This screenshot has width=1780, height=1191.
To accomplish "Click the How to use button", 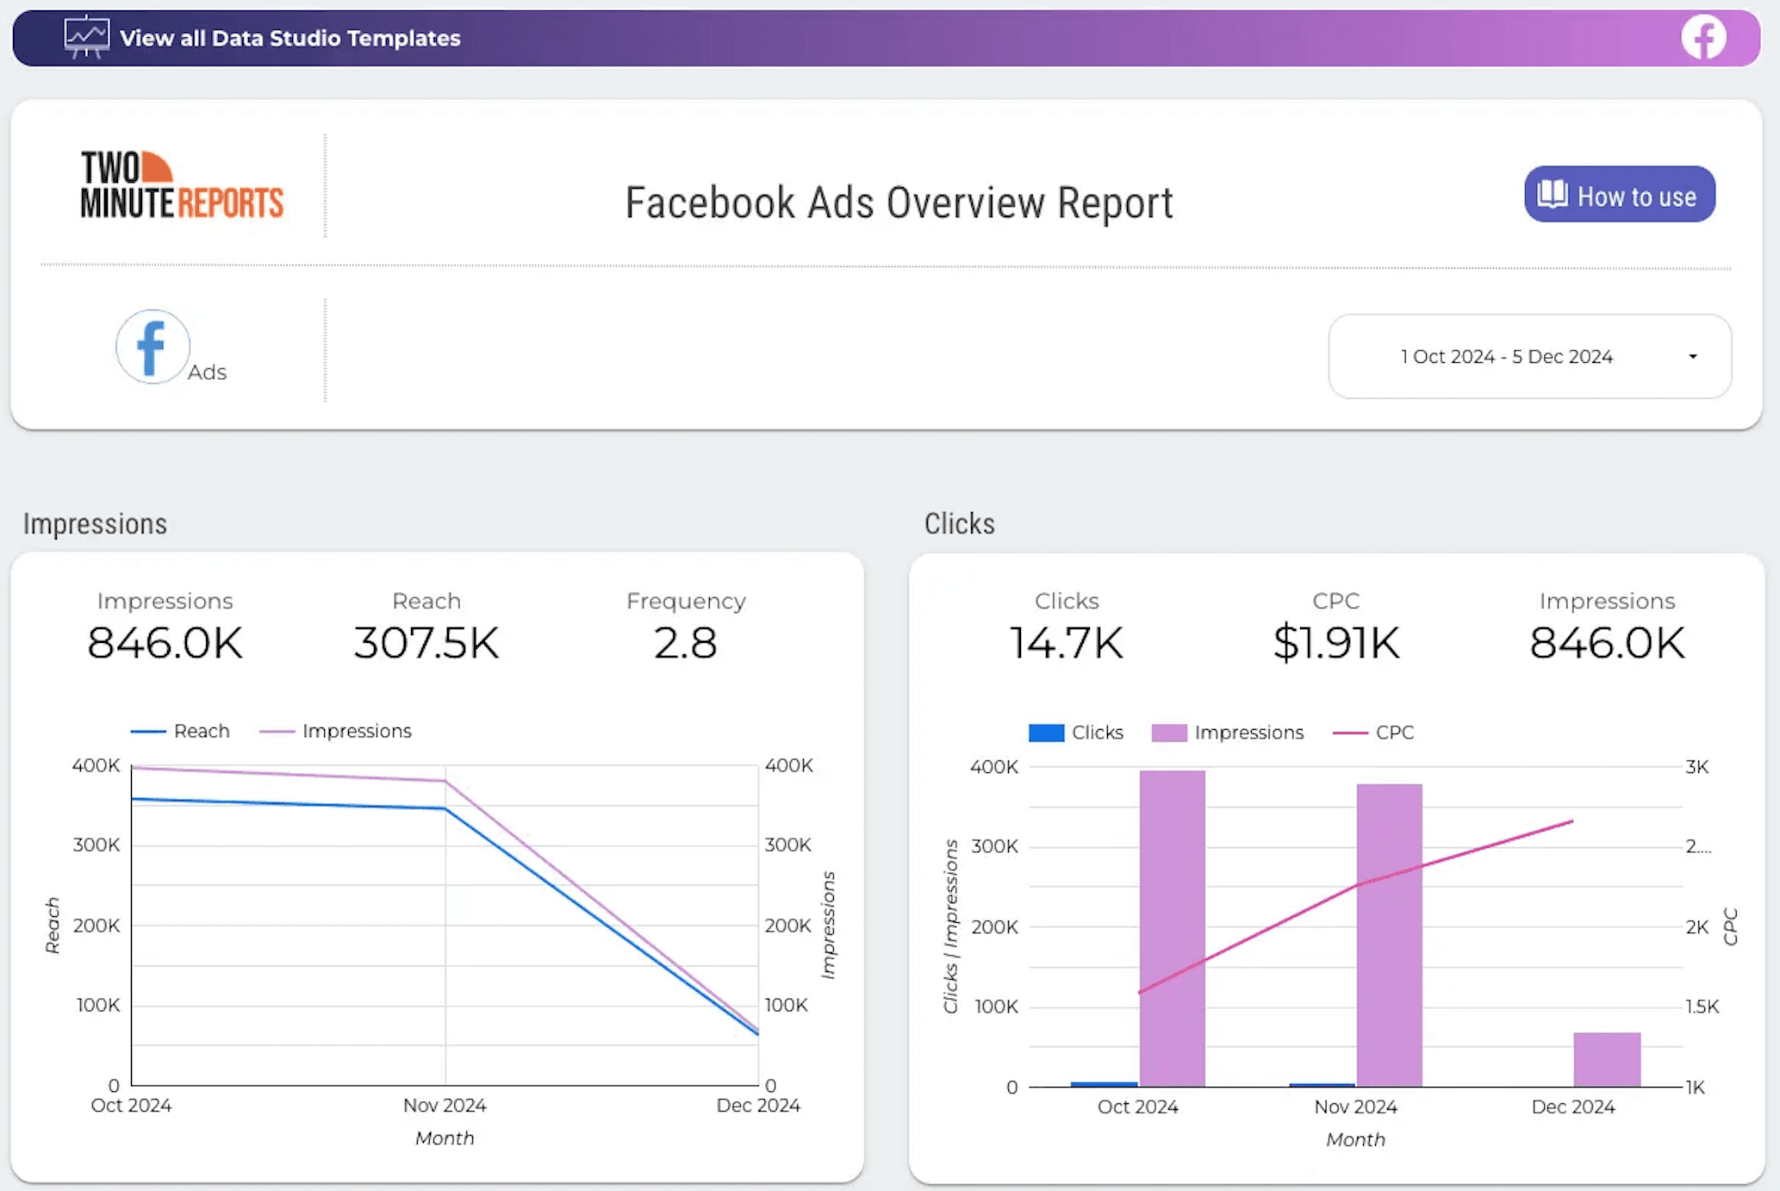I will (1619, 195).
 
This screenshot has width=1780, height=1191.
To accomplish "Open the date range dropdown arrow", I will (1692, 357).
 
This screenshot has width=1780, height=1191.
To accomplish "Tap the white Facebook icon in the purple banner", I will (1703, 38).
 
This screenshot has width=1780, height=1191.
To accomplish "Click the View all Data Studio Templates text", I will (289, 38).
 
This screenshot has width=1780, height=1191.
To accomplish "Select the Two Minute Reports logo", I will (181, 185).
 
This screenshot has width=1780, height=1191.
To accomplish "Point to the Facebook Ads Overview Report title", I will (899, 203).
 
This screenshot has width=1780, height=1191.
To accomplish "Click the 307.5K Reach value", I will (426, 643).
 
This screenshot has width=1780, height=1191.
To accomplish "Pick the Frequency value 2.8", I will (685, 643).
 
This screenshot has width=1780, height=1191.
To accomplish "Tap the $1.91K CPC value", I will (1335, 643).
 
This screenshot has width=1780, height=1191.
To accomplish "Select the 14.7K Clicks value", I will (1066, 643).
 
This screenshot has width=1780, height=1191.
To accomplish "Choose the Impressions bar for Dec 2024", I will (1607, 1059).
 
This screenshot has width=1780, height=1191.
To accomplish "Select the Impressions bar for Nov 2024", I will (1389, 935).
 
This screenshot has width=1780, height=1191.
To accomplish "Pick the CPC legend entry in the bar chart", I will (1374, 733).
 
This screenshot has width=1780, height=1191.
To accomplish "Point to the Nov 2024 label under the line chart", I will (445, 1106).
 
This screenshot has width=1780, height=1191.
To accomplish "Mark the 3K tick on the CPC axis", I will (1696, 767).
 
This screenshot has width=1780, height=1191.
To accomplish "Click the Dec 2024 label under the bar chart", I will (1572, 1107).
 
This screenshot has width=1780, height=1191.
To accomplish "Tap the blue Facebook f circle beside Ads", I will (152, 346).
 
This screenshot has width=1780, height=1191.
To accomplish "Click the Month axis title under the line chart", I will (445, 1138).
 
